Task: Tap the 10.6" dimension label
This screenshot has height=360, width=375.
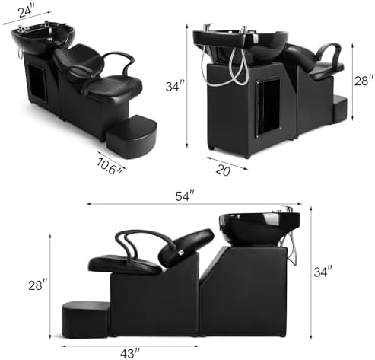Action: click(110, 166)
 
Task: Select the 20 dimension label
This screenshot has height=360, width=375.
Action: click(223, 170)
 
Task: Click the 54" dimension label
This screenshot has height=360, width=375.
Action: click(185, 196)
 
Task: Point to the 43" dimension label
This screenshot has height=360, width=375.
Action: click(130, 353)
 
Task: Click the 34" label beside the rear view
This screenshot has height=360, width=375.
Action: click(175, 86)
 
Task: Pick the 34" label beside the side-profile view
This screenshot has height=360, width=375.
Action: click(323, 272)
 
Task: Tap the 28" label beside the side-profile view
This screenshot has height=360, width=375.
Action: click(38, 285)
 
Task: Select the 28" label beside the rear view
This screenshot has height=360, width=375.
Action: click(364, 81)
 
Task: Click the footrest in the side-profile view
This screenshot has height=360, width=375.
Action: click(86, 320)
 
